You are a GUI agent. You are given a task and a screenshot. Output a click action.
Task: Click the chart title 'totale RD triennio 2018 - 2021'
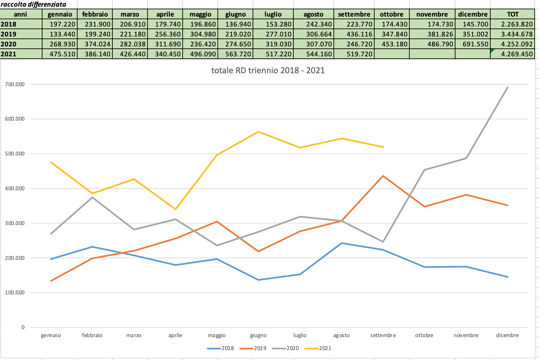coord(268,70)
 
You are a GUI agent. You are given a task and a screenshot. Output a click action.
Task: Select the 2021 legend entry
coord(325,348)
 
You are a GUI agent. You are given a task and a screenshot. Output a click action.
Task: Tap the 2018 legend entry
coord(227,348)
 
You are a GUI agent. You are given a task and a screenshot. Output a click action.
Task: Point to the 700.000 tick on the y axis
coord(15,84)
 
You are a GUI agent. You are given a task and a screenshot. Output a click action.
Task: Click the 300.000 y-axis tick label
coord(15,223)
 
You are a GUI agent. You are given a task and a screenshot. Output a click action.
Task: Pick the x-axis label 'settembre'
coord(383,335)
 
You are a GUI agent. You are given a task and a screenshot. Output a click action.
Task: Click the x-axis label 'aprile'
coord(175,335)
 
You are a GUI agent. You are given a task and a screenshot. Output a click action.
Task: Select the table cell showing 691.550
coord(473,44)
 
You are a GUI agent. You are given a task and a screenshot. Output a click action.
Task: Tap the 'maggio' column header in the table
coord(201,14)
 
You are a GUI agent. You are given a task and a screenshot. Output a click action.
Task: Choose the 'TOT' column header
coord(513,14)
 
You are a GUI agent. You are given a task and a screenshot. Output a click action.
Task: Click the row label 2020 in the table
coord(9,44)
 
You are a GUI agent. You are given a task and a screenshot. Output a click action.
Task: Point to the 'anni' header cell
coord(21,14)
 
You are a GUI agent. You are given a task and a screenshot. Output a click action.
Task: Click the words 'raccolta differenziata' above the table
coord(33,4)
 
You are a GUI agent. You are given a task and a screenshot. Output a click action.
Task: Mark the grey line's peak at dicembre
coord(508,88)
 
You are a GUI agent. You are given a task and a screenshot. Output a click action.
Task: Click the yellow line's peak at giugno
coord(258,132)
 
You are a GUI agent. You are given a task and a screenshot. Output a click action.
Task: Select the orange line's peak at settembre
coord(383,176)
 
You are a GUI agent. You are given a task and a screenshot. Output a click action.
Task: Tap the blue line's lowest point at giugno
coord(258,280)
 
